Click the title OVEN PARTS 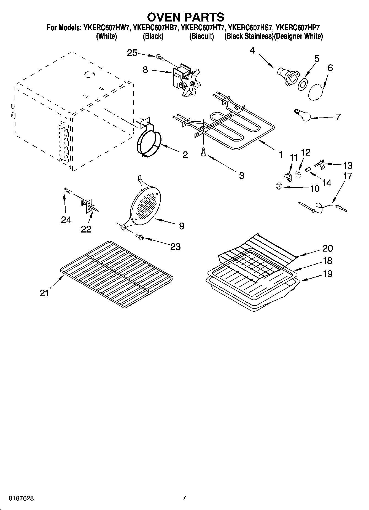click(185, 17)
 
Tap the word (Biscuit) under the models click(201, 36)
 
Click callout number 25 click(132, 53)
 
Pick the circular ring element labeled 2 click(149, 144)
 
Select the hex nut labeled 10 click(279, 187)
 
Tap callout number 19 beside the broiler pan click(328, 274)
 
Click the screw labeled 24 click(67, 191)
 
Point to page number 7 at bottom click(184, 498)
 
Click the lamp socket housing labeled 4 click(286, 76)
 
